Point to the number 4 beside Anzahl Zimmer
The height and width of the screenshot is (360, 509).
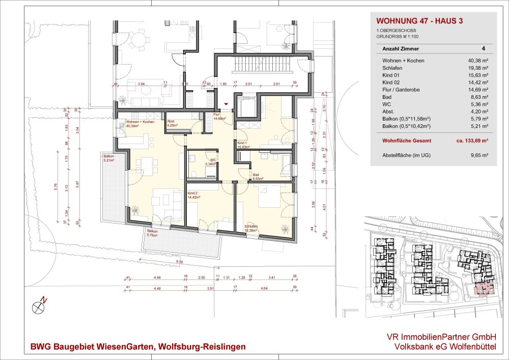tap(483, 49)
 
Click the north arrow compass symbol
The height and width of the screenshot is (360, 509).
tap(39, 307)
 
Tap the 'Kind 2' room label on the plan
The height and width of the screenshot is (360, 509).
tap(192, 194)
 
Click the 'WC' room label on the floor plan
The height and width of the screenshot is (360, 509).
tap(206, 160)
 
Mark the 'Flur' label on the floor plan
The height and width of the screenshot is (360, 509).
tap(216, 115)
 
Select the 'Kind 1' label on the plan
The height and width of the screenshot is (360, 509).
tap(242, 143)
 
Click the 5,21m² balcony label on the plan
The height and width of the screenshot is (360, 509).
tap(109, 159)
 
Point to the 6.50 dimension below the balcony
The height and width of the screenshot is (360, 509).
tap(179, 261)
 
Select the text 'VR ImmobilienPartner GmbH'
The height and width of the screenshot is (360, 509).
tap(439, 337)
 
